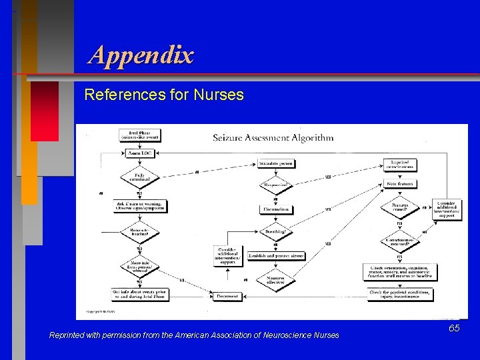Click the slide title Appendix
141,55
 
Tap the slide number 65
454,329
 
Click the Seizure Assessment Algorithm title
273,138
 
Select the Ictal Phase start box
139,135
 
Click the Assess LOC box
139,153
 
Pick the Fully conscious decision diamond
139,177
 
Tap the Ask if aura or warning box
139,206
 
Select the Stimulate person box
276,163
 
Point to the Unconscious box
276,209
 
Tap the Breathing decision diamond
276,232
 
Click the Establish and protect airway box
276,256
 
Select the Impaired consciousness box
399,165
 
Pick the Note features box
399,183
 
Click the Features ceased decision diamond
399,207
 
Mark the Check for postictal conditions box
400,293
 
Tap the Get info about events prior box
139,293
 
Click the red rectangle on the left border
44,111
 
